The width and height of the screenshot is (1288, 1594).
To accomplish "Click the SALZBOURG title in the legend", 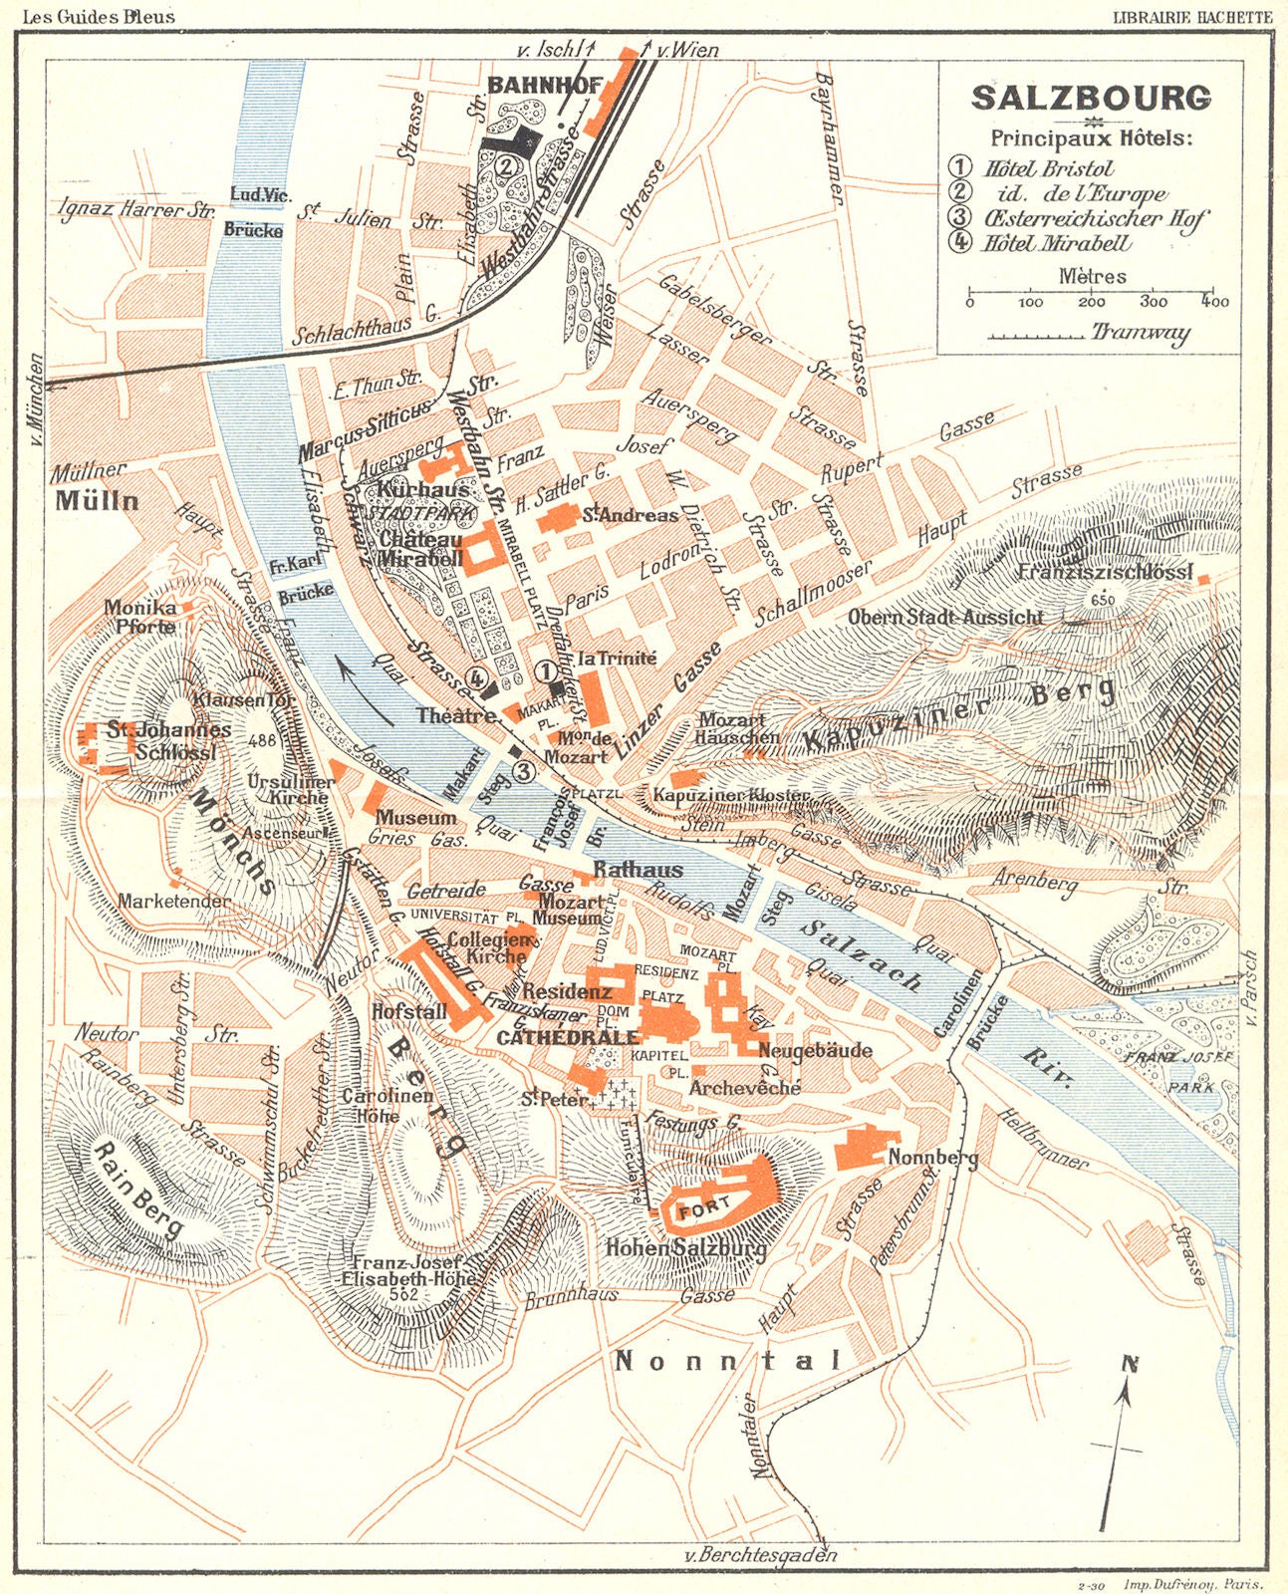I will point(1091,98).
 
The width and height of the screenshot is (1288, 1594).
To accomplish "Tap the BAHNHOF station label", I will point(546,86).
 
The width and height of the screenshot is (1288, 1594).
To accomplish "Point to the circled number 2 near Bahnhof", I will point(507,165).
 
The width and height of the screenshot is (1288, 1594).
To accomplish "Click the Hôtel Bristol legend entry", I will point(1046,168).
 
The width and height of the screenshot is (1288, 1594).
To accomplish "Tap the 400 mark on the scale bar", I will point(1214,301).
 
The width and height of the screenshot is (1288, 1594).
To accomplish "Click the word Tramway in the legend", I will point(1140,333).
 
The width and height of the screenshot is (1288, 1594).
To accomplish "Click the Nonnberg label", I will point(932,1158).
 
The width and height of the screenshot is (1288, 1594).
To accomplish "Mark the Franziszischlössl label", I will point(1106,572).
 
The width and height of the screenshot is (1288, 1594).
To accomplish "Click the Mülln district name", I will point(97,500).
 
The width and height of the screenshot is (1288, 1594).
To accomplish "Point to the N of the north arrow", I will point(1129,1364).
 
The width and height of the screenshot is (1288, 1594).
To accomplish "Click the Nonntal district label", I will point(727,1361).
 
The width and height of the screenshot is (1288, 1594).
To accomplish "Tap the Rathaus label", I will point(638,870).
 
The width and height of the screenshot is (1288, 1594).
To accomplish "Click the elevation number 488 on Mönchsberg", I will point(263,740).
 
